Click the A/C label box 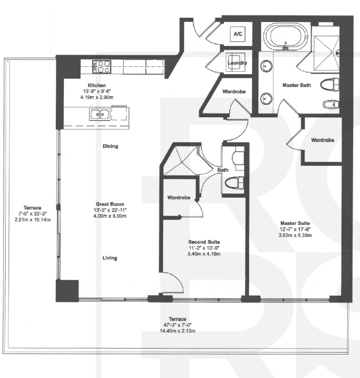(x=237, y=34)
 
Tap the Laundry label (x=237, y=63)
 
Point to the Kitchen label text (x=97, y=85)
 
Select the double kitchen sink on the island (x=98, y=114)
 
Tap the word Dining (x=110, y=146)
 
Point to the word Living (x=109, y=258)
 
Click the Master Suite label (x=294, y=223)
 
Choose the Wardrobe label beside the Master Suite (x=322, y=140)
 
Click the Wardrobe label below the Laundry (x=234, y=92)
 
